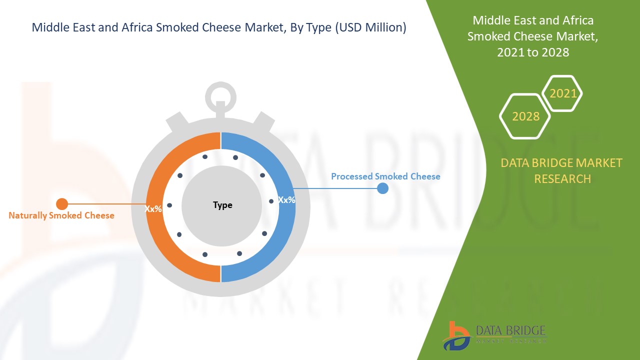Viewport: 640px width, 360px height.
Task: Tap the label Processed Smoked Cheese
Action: pos(385,176)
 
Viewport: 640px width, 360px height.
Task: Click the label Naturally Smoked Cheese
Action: pos(61,215)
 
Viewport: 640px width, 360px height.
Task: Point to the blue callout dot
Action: pos(382,188)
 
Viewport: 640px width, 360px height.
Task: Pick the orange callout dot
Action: pos(62,204)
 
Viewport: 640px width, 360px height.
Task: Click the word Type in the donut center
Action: pos(222,205)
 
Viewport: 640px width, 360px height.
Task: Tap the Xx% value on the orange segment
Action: pos(153,208)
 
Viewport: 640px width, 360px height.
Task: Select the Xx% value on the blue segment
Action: pos(286,199)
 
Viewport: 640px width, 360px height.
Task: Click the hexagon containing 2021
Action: pos(562,93)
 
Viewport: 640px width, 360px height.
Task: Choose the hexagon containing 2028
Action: pos(525,116)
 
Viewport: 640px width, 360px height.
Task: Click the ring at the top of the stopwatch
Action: pos(220,94)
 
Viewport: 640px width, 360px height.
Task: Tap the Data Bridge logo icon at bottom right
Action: pos(456,335)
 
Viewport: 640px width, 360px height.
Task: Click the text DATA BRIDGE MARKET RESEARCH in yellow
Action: pos(561,170)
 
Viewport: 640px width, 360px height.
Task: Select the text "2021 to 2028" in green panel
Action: pos(533,52)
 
